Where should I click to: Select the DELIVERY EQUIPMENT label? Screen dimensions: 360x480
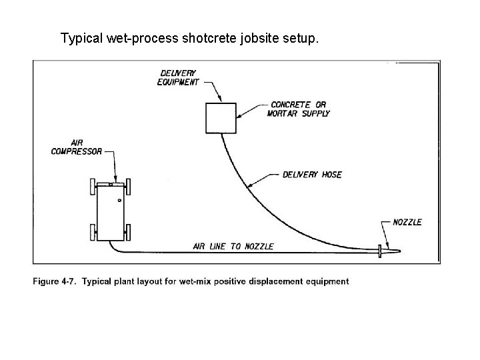[178, 77]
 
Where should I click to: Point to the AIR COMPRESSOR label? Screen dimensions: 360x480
[77, 147]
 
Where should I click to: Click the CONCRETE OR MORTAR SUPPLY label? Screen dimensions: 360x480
[299, 109]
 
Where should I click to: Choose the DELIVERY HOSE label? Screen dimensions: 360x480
[312, 175]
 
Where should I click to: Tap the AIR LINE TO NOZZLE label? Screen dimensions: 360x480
[233, 247]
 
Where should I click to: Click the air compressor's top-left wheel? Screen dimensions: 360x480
[91, 186]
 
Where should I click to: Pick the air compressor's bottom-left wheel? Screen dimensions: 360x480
[91, 233]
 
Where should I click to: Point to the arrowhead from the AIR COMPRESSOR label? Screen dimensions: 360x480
[116, 179]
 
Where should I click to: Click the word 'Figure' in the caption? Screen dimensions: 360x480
[47, 281]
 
